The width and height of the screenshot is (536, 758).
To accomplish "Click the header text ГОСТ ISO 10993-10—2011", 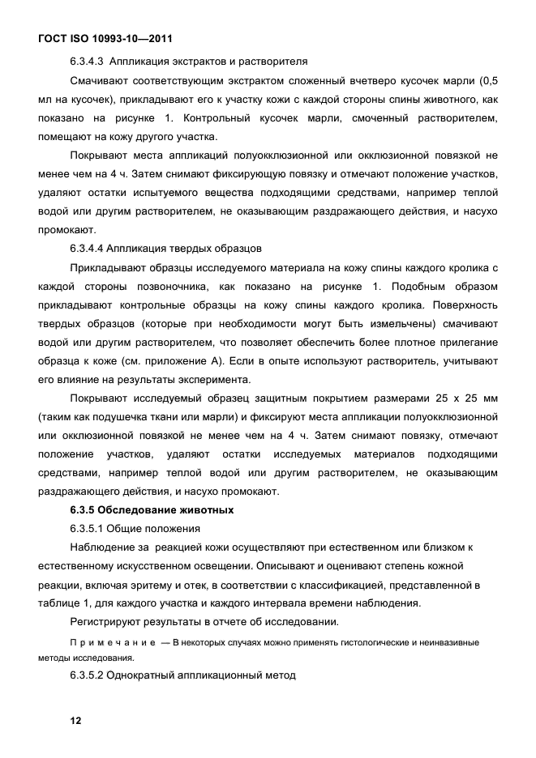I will (x=105, y=38).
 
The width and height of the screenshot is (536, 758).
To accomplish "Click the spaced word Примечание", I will (x=111, y=642).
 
